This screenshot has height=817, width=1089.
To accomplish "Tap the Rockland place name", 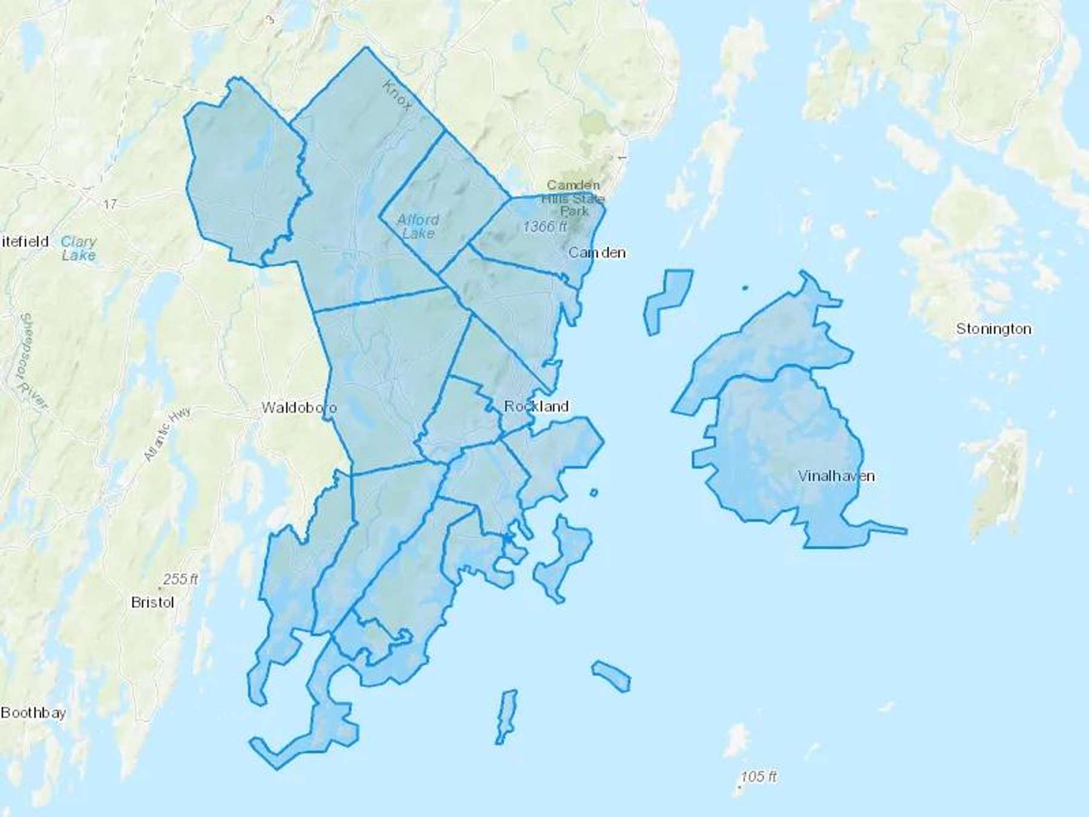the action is click(536, 406).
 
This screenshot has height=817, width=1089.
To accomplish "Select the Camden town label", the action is click(597, 252).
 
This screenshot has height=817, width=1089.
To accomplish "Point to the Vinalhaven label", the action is click(836, 476).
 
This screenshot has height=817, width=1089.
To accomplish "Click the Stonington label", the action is click(993, 329).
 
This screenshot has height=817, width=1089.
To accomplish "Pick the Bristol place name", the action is click(152, 602).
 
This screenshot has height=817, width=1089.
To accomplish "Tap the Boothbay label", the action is click(33, 712).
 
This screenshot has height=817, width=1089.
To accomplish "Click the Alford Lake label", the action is click(418, 226).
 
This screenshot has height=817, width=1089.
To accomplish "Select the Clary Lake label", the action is click(79, 248).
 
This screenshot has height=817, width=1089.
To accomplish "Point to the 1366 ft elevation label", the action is click(545, 226).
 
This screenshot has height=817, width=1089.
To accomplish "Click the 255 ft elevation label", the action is click(180, 579).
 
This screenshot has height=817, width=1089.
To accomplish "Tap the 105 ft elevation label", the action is click(759, 776).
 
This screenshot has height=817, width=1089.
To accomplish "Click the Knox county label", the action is click(397, 96).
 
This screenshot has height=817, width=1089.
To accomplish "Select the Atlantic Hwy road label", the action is click(167, 434).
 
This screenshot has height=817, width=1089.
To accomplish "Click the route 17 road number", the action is click(110, 204).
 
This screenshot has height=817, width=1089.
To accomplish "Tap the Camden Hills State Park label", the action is click(573, 198).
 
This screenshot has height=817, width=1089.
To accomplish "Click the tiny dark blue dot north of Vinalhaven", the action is click(744, 288).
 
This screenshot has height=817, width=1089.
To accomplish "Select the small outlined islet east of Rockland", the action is click(594, 493).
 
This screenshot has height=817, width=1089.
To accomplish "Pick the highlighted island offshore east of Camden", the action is click(667, 300).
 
